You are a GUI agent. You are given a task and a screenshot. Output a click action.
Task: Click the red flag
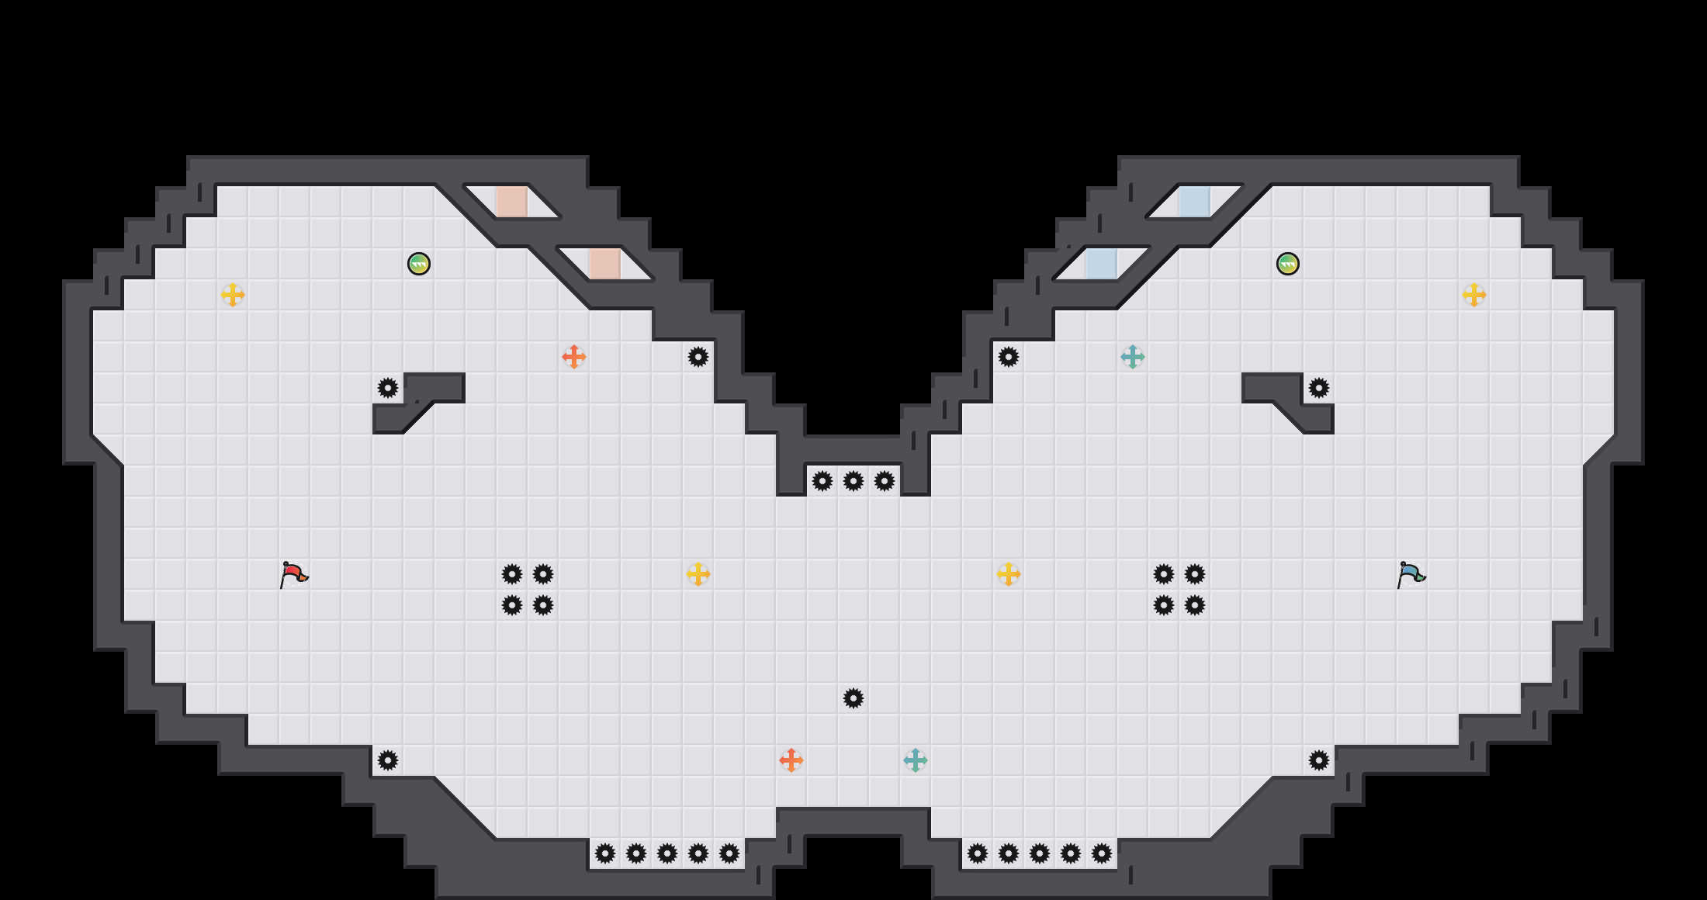click(293, 574)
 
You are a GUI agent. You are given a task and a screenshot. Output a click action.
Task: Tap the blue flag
click(1411, 574)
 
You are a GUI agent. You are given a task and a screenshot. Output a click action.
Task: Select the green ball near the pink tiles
click(419, 264)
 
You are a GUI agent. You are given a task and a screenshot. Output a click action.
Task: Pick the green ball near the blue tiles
click(1288, 264)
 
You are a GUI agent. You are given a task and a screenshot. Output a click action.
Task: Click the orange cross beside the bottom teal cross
click(791, 760)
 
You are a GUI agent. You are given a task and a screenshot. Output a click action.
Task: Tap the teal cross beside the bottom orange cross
click(916, 760)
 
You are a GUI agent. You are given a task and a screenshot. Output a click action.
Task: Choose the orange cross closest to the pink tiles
click(573, 357)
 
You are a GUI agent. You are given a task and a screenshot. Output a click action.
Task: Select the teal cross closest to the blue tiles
click(1133, 357)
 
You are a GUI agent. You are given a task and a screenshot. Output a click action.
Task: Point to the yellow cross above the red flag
click(233, 295)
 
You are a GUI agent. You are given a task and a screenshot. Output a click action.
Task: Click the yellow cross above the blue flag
click(1474, 295)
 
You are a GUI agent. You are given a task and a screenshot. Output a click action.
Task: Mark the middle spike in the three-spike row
click(853, 481)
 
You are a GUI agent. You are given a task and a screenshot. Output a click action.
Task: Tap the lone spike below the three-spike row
click(853, 698)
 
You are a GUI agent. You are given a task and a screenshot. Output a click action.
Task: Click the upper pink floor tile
click(512, 202)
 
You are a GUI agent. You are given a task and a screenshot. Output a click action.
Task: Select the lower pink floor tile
click(605, 264)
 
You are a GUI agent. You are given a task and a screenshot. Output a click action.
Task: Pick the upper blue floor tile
click(1195, 202)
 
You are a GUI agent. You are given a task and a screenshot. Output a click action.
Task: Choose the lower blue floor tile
click(1102, 264)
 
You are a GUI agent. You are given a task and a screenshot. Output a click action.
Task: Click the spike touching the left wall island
click(388, 388)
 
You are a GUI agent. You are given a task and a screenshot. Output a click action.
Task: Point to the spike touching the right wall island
click(1319, 388)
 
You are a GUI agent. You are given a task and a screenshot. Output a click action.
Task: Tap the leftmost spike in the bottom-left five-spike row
click(605, 853)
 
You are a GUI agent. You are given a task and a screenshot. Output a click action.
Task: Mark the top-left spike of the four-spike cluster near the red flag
click(512, 574)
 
